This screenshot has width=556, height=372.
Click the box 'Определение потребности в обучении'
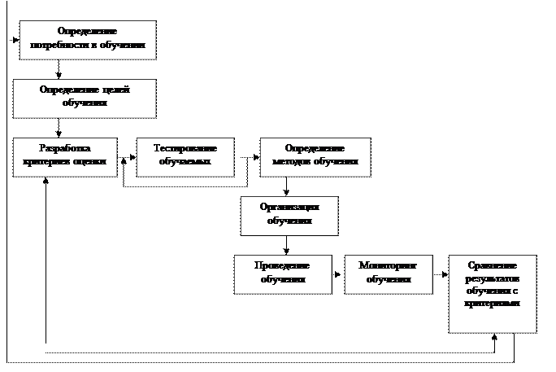(x=87, y=39)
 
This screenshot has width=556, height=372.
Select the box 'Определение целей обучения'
(x=84, y=98)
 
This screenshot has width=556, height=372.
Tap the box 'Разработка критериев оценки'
(x=65, y=156)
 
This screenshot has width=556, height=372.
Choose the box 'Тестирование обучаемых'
(x=185, y=156)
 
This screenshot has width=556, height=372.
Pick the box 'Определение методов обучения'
(x=315, y=156)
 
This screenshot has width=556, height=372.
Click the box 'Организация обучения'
(x=289, y=215)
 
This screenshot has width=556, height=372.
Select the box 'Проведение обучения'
(x=283, y=274)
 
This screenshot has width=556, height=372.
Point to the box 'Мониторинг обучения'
(x=388, y=274)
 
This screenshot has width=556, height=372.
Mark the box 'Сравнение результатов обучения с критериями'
(x=492, y=293)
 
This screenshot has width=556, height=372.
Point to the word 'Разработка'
(x=65, y=148)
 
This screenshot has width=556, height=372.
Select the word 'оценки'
(x=89, y=162)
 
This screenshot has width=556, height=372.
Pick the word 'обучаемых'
(x=185, y=162)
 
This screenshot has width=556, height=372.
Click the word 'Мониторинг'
(x=388, y=265)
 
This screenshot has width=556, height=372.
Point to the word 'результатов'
(x=492, y=278)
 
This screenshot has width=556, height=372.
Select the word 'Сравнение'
(x=493, y=265)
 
